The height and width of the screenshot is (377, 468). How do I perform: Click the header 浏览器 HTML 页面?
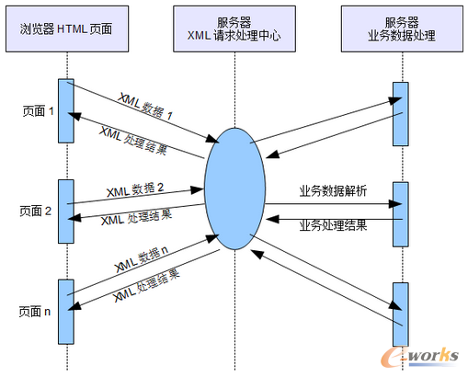click(x=66, y=29)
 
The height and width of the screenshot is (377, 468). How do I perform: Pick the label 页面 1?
click(x=38, y=110)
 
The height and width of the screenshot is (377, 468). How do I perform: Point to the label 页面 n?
click(x=38, y=312)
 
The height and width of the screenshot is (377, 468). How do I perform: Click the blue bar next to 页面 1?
click(x=65, y=110)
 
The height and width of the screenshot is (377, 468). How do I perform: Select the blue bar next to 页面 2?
click(x=65, y=210)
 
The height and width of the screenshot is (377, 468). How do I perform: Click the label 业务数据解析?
click(x=333, y=190)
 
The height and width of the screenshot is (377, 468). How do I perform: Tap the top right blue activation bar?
click(x=398, y=113)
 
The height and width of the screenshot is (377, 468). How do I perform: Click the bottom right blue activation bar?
click(x=398, y=310)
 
